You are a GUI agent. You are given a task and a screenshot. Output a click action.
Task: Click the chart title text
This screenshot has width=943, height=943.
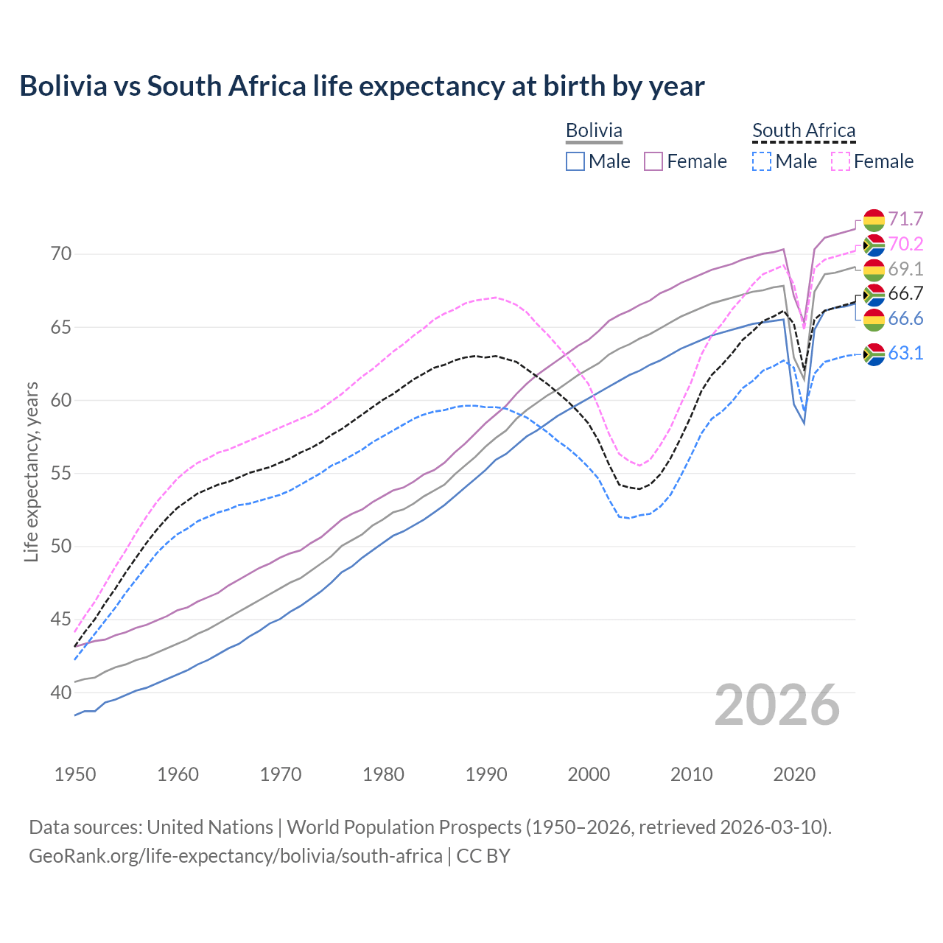[x=362, y=86]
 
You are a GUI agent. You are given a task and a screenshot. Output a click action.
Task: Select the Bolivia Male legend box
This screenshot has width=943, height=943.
[x=575, y=161]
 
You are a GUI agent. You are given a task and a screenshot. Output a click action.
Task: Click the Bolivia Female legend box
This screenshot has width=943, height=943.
[x=653, y=161]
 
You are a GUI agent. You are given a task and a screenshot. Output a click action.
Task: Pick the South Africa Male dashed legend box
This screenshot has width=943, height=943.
[x=762, y=161]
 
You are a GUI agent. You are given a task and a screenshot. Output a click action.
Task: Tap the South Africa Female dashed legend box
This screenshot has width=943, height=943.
[x=840, y=161]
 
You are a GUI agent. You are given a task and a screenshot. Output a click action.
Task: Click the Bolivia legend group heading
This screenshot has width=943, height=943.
[x=594, y=130]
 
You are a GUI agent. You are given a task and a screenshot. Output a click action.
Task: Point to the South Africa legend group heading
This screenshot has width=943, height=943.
[x=804, y=130]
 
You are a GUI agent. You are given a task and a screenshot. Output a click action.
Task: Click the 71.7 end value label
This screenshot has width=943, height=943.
[x=905, y=219]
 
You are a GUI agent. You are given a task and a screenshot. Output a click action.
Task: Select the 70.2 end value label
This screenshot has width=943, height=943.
[x=905, y=244]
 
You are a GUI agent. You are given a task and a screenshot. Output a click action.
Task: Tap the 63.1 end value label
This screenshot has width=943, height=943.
[x=905, y=353]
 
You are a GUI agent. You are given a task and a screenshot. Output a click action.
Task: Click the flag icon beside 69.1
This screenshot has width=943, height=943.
[x=874, y=269]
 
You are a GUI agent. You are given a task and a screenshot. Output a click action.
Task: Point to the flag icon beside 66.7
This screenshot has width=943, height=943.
[x=874, y=294]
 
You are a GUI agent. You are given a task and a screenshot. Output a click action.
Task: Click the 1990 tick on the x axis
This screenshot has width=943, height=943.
[x=486, y=774]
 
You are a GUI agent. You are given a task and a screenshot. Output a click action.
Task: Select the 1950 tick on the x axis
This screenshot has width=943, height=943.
[x=75, y=774]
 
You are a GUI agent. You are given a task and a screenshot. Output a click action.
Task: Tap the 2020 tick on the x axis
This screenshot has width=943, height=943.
[x=794, y=774]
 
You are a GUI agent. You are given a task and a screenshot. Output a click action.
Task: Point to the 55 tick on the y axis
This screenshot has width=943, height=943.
[x=61, y=473]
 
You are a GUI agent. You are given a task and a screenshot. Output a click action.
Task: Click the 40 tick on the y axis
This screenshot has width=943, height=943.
[x=61, y=693]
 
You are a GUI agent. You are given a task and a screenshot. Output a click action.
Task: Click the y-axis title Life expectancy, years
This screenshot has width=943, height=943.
[x=31, y=471]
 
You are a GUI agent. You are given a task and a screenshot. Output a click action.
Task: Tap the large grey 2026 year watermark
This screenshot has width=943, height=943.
[x=777, y=705]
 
